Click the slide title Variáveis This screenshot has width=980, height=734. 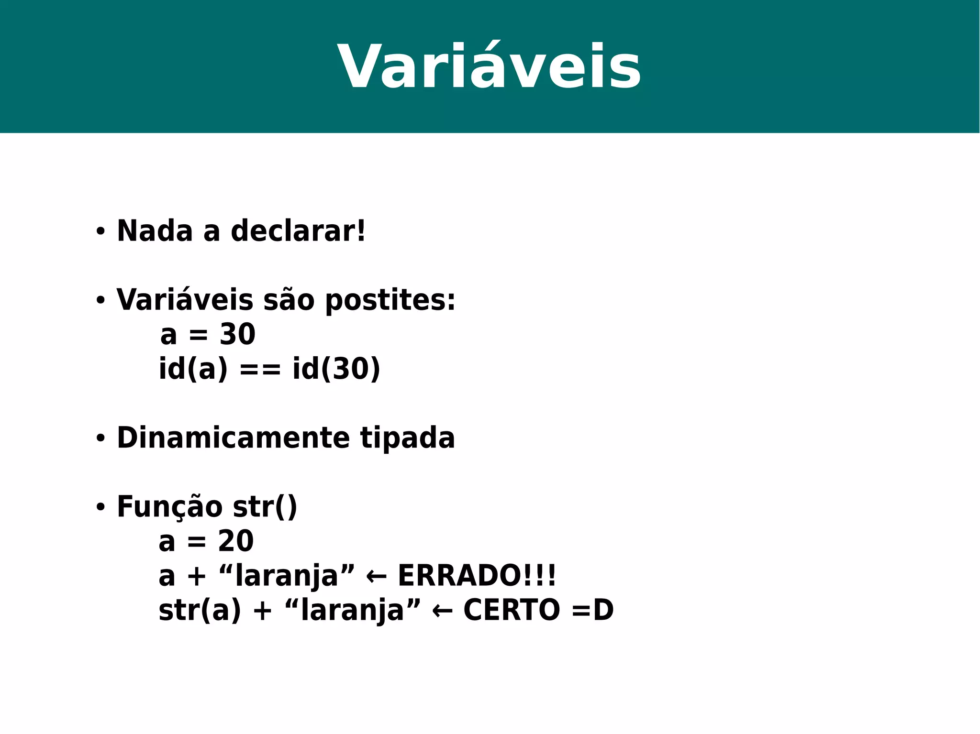489,67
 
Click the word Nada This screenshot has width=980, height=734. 155,231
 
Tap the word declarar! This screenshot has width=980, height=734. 298,231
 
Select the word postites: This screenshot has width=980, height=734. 390,301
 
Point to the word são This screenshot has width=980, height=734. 289,300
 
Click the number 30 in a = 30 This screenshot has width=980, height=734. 237,334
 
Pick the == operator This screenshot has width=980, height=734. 260,370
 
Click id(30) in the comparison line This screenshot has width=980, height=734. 336,369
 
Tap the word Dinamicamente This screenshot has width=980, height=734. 233,438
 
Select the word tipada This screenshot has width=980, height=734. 407,438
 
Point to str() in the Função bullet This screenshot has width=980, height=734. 265,507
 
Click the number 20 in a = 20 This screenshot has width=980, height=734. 235,541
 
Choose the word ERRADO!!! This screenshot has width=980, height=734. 477,576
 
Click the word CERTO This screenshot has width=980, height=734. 512,611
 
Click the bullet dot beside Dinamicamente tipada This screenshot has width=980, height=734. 100,438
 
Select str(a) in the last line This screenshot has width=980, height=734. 200,611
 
